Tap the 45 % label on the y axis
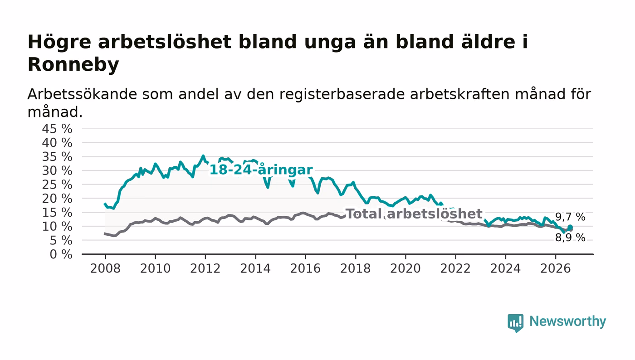coord(57,129)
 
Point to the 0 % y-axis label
coord(61,254)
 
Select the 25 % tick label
coord(57,185)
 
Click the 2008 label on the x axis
coord(105,268)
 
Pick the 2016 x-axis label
coord(305,268)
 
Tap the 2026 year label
coord(555,268)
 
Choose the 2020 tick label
coord(405,268)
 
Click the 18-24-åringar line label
coord(261,170)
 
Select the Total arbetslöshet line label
coord(414,214)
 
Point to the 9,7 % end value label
coord(570,217)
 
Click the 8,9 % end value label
coord(570,238)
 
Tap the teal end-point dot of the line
coord(570,227)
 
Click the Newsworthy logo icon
coord(515,322)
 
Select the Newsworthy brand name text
coord(567,321)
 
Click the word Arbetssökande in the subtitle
coord(82,94)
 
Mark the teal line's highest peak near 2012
coord(203,156)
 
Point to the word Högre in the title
coord(59,43)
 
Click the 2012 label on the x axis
coord(205,268)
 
